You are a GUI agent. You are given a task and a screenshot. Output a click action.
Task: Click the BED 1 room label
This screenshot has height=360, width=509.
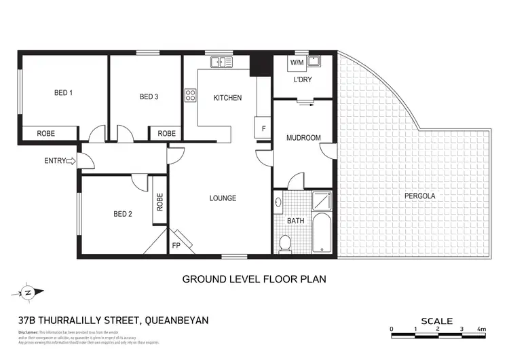[63, 93]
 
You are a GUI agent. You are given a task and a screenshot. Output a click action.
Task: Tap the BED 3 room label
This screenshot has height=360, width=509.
[149, 97]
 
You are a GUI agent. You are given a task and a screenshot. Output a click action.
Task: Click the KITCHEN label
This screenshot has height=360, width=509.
[227, 98]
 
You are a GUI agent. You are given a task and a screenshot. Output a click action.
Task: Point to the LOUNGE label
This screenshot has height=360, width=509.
[223, 198]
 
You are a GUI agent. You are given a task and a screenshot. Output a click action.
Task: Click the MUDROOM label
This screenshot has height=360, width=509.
[303, 138]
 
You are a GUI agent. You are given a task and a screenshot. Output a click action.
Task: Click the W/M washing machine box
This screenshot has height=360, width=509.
[297, 63]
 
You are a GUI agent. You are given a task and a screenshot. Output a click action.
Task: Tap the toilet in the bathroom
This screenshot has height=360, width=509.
[286, 242]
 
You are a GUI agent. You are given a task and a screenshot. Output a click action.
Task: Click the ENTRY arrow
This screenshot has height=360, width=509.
[73, 161]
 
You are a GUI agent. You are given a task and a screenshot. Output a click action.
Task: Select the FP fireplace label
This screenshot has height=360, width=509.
[176, 245]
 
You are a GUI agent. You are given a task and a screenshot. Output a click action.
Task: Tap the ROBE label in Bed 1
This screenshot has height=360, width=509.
[46, 133]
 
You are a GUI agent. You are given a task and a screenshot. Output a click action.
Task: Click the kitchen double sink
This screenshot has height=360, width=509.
[221, 62]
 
